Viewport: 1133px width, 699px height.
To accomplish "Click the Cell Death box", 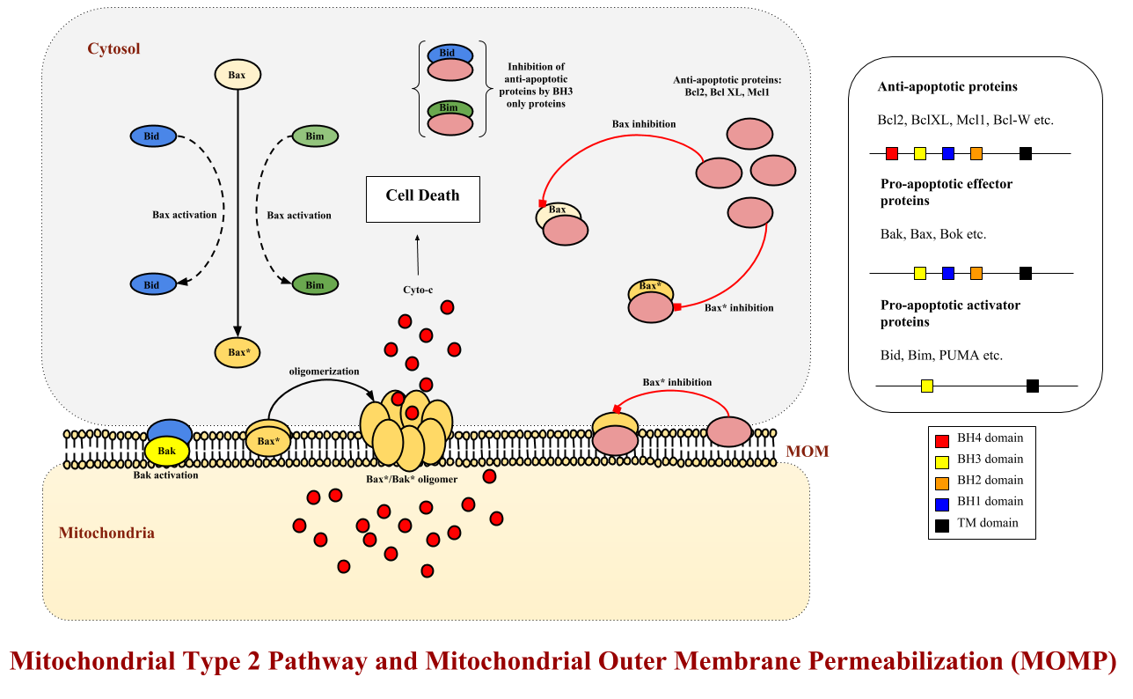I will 422,196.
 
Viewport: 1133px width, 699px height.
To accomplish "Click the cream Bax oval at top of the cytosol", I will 237,75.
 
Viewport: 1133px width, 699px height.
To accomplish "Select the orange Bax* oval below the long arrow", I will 237,352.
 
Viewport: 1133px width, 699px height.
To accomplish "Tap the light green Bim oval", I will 314,136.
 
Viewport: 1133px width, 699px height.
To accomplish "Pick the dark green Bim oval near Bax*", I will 314,284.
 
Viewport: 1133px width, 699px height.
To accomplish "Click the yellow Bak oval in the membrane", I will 167,452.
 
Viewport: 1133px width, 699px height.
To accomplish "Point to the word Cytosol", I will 113,48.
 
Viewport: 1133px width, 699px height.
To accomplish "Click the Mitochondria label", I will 106,533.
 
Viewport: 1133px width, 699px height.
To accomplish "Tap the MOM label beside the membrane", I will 808,453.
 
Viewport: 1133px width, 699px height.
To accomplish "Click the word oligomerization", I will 324,372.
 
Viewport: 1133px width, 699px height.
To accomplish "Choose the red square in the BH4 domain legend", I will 942,439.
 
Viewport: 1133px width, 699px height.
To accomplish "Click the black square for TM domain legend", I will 942,524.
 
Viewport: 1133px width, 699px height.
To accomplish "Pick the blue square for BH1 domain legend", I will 942,503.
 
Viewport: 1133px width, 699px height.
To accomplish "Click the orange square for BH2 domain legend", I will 942,482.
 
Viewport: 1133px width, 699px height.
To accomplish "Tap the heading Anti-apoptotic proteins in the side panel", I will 947,87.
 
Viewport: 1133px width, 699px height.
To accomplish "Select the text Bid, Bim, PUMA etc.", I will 941,356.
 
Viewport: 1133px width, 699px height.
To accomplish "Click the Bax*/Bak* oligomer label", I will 412,480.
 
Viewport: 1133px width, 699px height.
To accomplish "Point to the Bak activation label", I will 165,475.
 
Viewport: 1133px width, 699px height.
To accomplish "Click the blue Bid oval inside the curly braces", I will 448,54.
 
